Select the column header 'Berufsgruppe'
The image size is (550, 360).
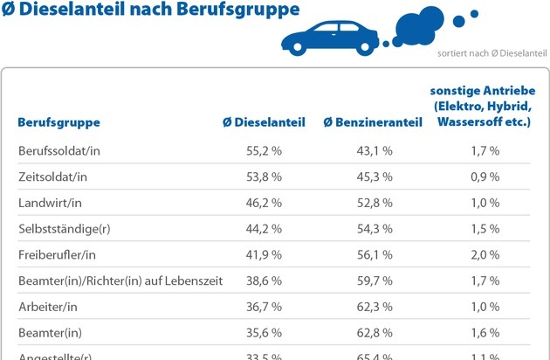[58, 122]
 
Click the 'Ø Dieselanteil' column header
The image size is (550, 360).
[263, 122]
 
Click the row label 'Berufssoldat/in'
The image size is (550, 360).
[60, 151]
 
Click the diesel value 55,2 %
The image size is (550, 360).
[264, 151]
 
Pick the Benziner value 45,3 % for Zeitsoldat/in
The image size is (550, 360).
[375, 177]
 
